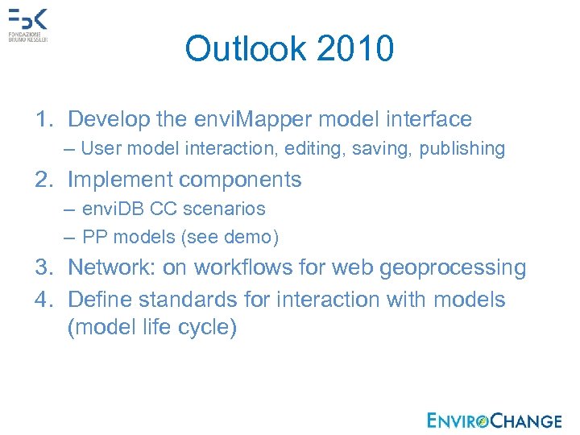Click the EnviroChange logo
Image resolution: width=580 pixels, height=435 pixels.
pyautogui.click(x=495, y=420)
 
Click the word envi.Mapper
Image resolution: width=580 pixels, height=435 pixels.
pyautogui.click(x=255, y=120)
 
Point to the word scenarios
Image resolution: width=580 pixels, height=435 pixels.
pyautogui.click(x=225, y=209)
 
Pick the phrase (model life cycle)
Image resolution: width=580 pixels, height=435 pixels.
pyautogui.click(x=152, y=329)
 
